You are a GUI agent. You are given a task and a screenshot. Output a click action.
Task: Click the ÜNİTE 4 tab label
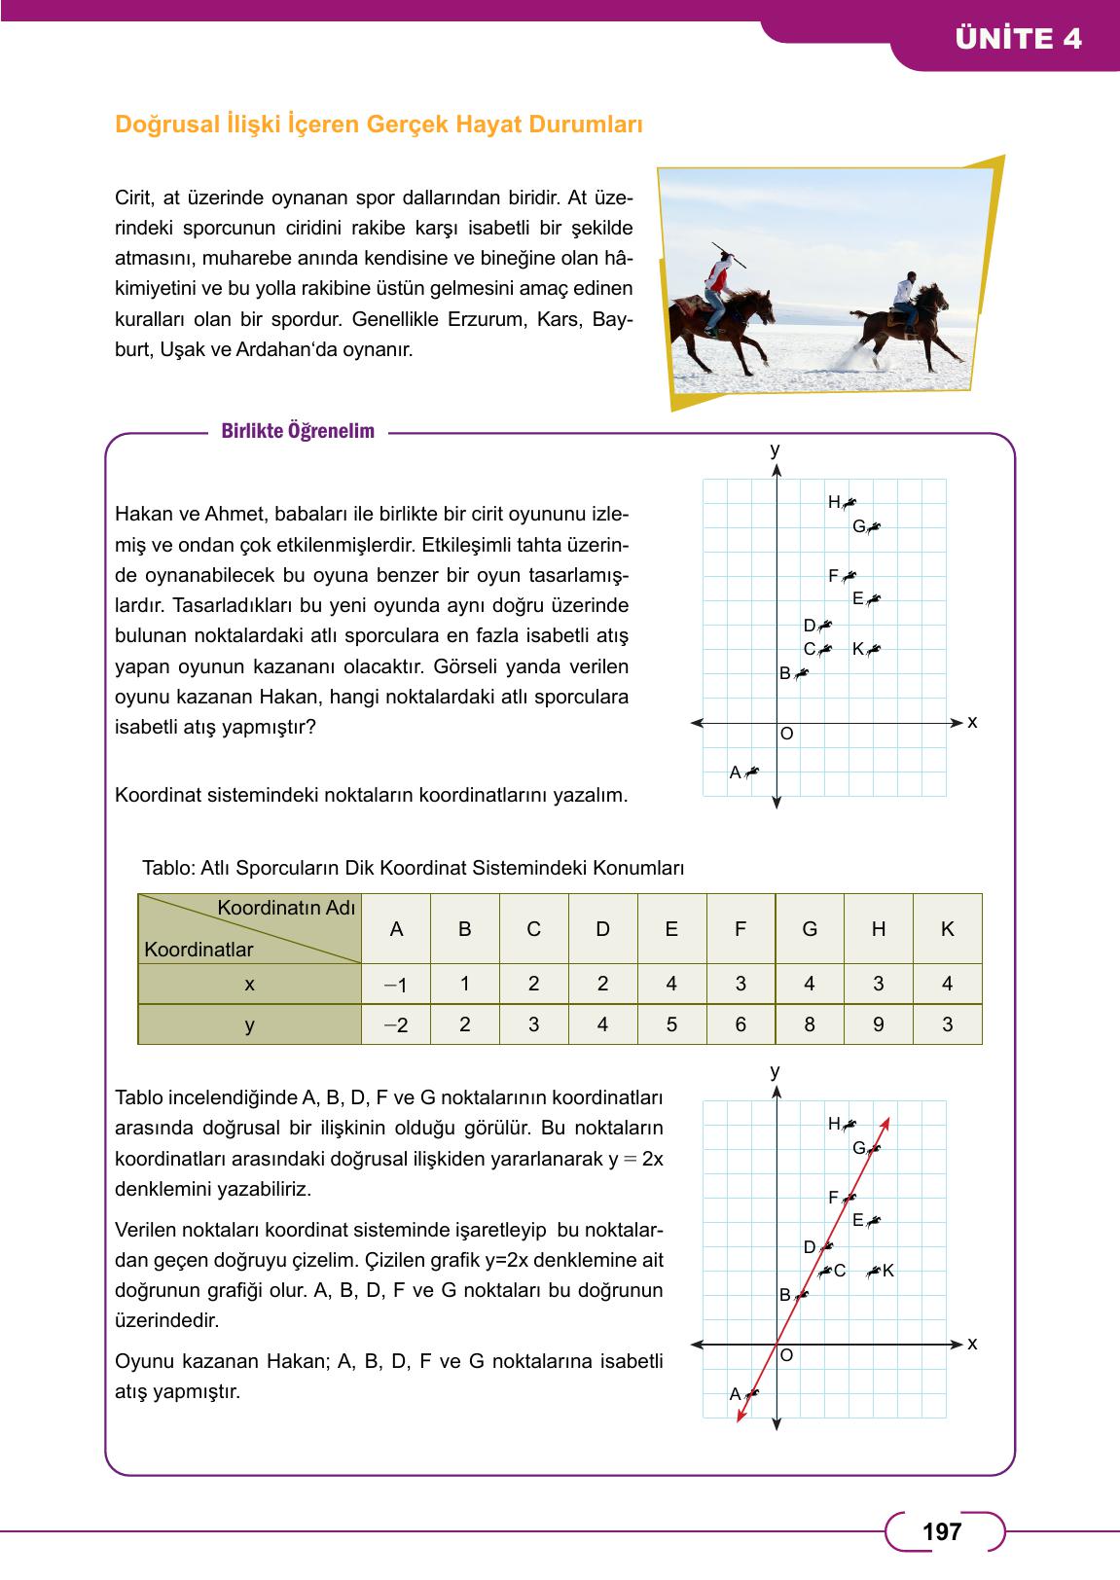pos(1018,38)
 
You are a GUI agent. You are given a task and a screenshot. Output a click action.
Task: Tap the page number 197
pos(941,1531)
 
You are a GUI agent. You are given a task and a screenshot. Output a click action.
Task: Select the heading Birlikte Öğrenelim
pos(298,432)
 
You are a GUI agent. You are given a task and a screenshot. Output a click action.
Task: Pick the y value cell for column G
pos(809,1024)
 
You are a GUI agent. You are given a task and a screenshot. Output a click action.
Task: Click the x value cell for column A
pos(395,984)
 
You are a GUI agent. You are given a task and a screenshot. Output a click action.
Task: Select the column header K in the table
pos(947,929)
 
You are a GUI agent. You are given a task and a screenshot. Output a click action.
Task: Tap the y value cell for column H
pos(878,1024)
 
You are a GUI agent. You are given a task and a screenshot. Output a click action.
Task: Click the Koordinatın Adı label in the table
pos(286,907)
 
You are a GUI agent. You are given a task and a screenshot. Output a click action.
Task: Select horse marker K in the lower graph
pos(875,1271)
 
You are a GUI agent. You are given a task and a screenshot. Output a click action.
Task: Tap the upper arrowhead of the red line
pos(887,1123)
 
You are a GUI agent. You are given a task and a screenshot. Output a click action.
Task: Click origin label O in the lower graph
pos(786,1354)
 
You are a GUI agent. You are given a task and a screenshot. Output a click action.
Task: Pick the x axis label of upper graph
pos(971,722)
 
